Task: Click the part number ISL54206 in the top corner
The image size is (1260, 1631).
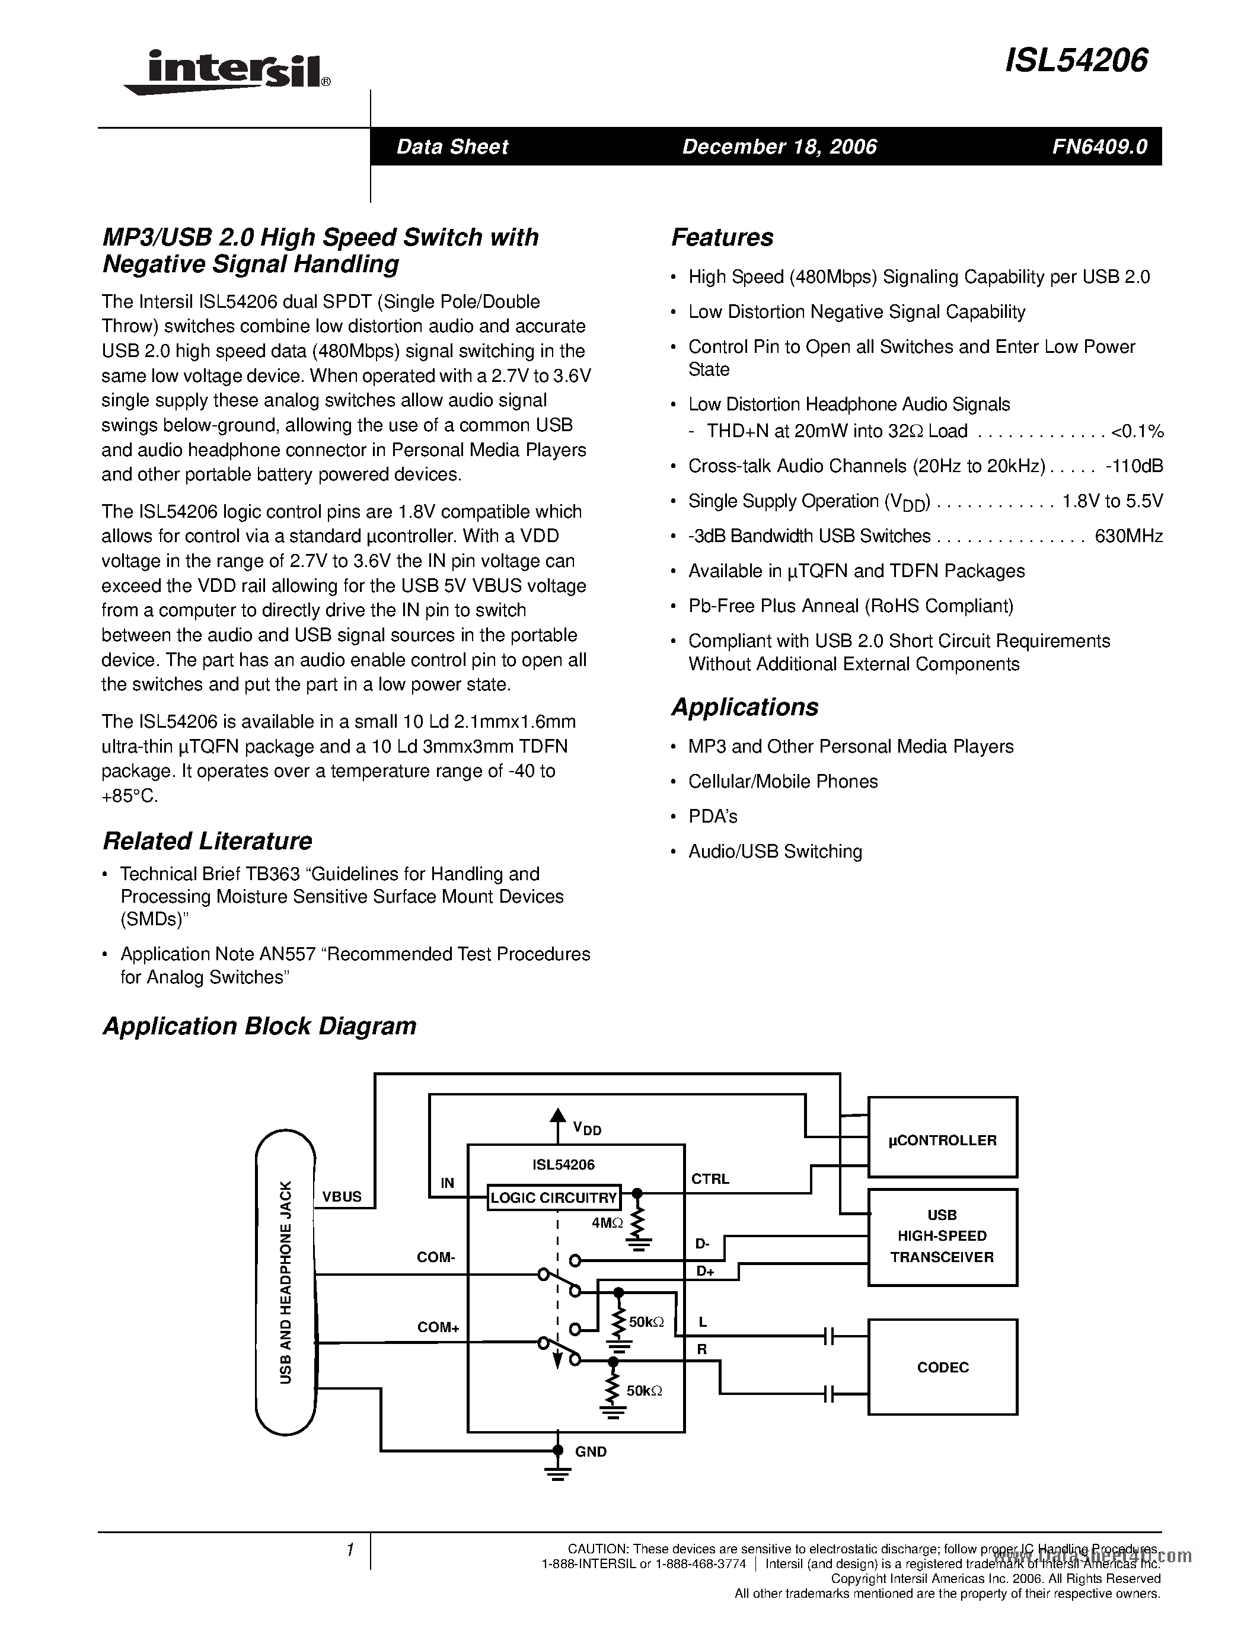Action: (x=1076, y=60)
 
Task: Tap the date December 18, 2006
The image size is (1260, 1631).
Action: (x=779, y=146)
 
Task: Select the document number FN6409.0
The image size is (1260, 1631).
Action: (x=1099, y=146)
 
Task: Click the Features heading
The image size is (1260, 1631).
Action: (x=722, y=237)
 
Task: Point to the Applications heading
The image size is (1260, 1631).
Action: (x=744, y=706)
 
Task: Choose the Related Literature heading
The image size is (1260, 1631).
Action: (x=207, y=841)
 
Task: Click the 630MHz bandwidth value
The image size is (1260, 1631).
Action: (x=1128, y=536)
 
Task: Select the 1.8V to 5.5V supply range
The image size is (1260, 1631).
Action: (x=1112, y=501)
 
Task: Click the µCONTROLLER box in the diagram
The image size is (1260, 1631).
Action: (x=942, y=1141)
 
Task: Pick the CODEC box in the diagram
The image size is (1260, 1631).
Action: (x=942, y=1368)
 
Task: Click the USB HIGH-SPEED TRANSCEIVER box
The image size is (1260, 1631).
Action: (x=942, y=1236)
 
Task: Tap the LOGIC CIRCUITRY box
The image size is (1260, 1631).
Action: (x=553, y=1198)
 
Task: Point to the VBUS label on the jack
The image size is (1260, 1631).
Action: (x=342, y=1196)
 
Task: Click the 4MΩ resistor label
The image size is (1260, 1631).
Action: (x=606, y=1223)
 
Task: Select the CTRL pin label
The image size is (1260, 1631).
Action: (x=710, y=1179)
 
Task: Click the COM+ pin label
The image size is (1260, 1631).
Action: (x=438, y=1327)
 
